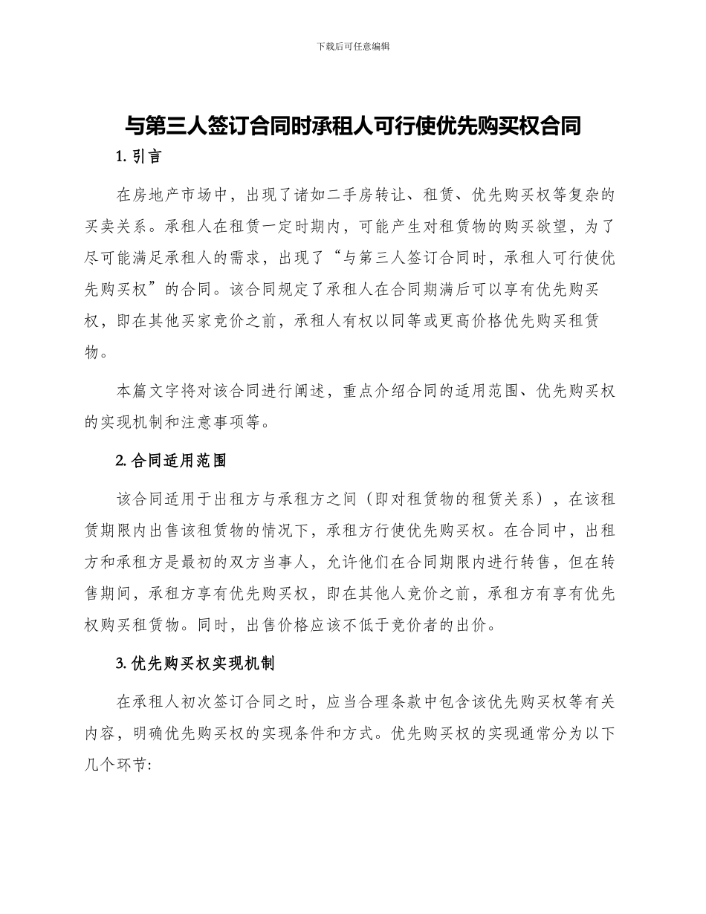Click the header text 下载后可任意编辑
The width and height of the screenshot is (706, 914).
coord(353,46)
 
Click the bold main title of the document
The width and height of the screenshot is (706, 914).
coord(352,127)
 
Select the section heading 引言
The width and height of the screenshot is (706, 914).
coord(146,157)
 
